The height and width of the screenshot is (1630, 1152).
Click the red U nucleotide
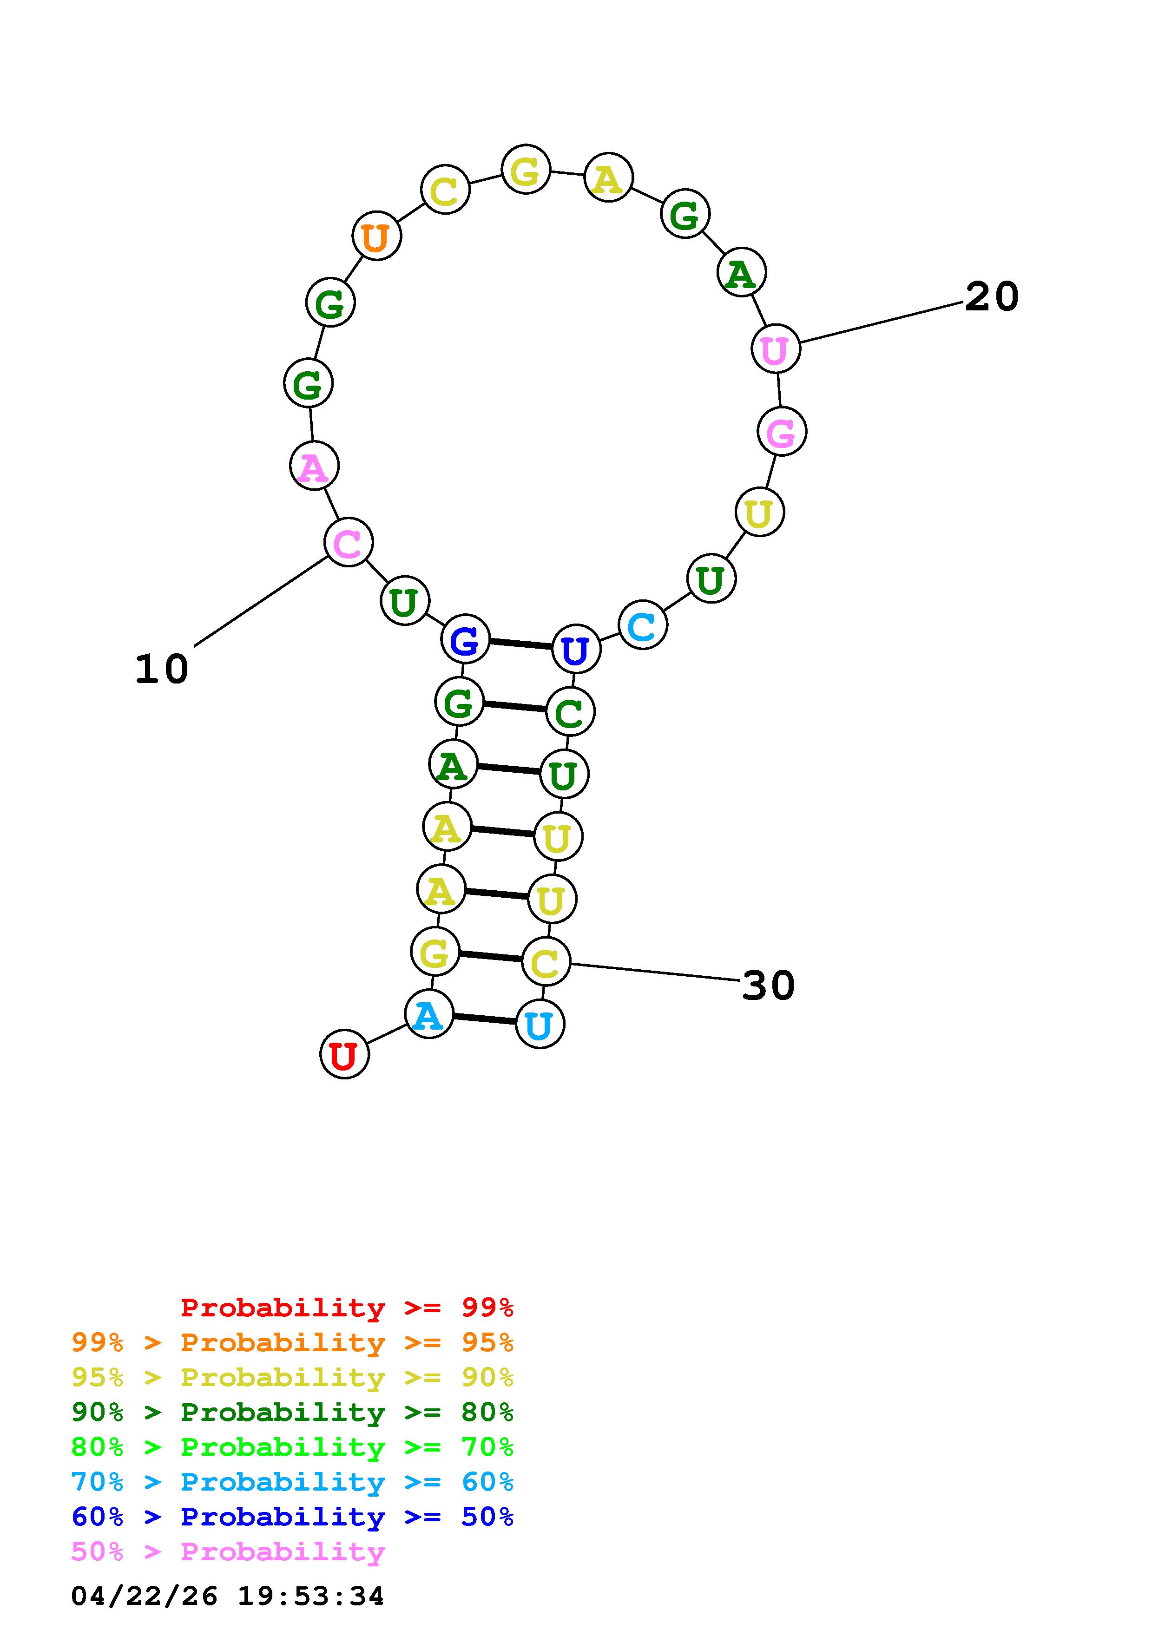pyautogui.click(x=344, y=1055)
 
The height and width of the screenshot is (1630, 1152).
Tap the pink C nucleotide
pyautogui.click(x=348, y=543)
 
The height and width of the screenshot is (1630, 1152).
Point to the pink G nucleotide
pyautogui.click(x=782, y=432)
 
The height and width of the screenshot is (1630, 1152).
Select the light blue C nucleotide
pyautogui.click(x=642, y=625)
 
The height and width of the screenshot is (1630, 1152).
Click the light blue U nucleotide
pyautogui.click(x=540, y=1025)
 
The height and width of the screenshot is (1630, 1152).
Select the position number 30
pyautogui.click(x=768, y=986)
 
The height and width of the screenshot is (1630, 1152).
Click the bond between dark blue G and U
pyautogui.click(x=520, y=644)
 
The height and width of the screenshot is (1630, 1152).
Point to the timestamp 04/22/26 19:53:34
pyautogui.click(x=227, y=1596)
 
